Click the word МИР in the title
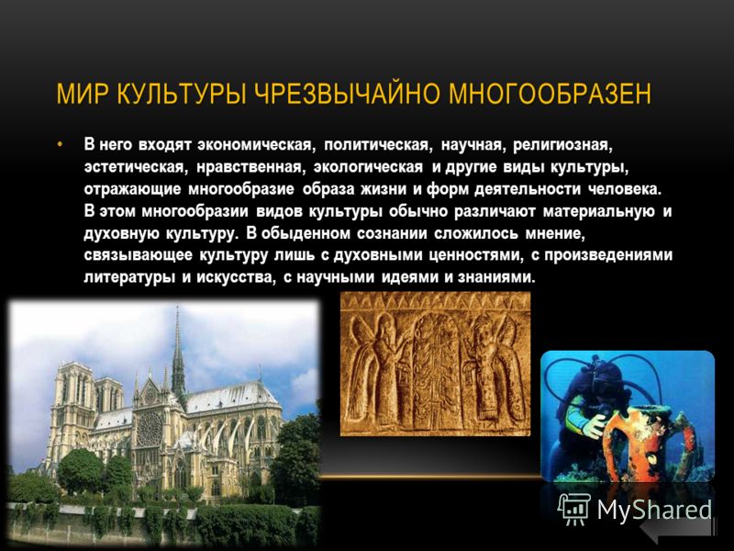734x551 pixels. click(83, 94)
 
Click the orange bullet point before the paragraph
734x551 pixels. click(60, 144)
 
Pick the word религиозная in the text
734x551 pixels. click(562, 145)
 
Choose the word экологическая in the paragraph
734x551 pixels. click(369, 167)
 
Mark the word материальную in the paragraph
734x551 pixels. click(599, 212)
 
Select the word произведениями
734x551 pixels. click(608, 256)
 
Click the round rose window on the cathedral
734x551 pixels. click(150, 429)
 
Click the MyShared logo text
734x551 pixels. click(654, 510)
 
